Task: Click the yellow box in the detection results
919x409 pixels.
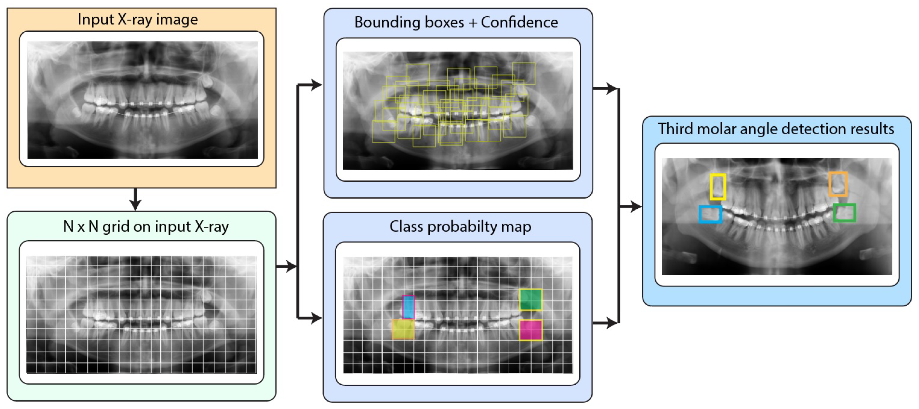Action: (x=718, y=187)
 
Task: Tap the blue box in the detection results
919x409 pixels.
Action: (x=710, y=214)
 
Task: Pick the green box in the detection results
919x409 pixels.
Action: (x=844, y=213)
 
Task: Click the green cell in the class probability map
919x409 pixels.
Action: (x=531, y=299)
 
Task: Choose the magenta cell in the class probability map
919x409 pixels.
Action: (x=531, y=330)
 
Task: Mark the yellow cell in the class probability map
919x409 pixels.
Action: (x=403, y=329)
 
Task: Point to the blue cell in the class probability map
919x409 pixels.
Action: (x=408, y=307)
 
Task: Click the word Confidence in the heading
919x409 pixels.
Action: (x=519, y=22)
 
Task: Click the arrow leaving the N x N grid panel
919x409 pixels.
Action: (x=287, y=266)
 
